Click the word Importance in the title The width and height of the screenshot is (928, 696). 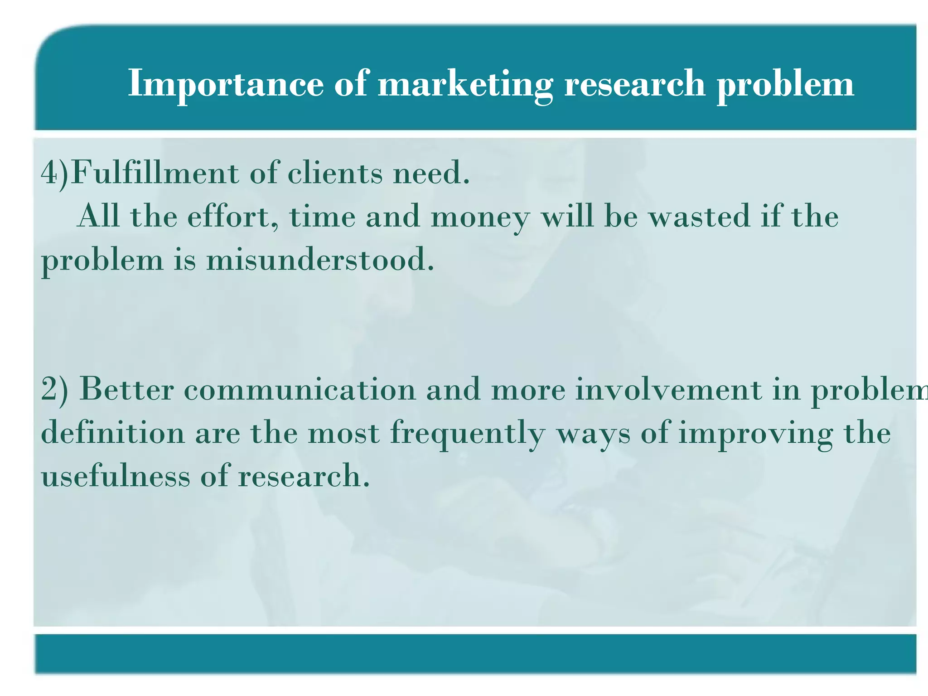pos(226,84)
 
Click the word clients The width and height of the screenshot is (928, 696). pos(335,173)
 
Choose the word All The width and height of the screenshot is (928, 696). pos(99,216)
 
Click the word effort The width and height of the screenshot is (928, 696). pos(233,217)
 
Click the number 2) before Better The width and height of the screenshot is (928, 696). pos(54,390)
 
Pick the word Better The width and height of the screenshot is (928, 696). pos(126,390)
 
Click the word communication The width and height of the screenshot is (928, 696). pos(300,390)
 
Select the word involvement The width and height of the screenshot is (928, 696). pos(669,390)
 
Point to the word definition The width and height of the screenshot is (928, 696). pos(113,433)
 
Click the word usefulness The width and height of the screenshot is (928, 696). pos(116,476)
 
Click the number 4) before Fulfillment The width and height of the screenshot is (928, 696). pos(54,173)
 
